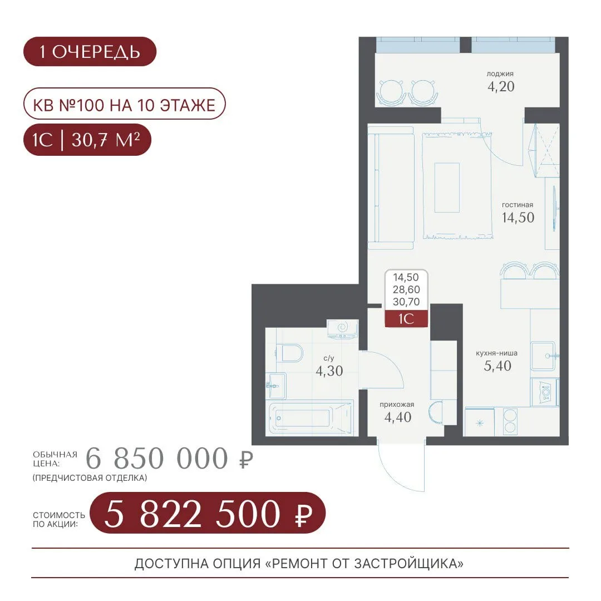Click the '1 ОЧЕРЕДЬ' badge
[x=90, y=51]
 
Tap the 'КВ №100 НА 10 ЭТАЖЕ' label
[x=124, y=104]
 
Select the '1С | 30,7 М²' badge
[x=87, y=140]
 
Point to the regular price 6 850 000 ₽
[x=169, y=459]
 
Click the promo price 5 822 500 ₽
[x=208, y=513]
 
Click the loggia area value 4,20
[x=501, y=87]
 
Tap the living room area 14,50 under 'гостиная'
[x=518, y=218]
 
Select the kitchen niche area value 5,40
[x=497, y=366]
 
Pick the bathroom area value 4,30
[x=329, y=371]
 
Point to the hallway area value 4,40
[x=398, y=417]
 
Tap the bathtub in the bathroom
[x=310, y=417]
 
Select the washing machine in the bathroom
[x=342, y=329]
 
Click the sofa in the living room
[x=391, y=188]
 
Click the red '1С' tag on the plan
[x=406, y=319]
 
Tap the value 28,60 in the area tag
[x=406, y=290]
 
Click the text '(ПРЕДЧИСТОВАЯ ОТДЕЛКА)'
[x=90, y=478]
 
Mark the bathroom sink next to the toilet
[x=275, y=386]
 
